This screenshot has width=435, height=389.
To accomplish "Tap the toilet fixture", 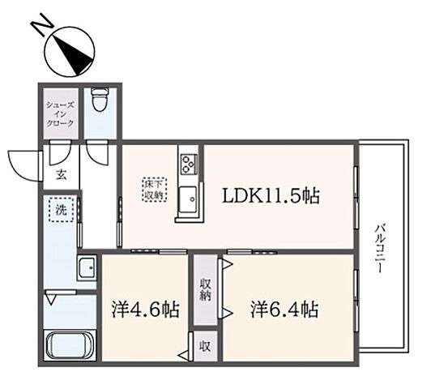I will coord(100,100).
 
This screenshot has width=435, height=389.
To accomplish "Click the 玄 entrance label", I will coord(62,174).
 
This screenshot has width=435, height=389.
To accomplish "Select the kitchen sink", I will coord(188,197).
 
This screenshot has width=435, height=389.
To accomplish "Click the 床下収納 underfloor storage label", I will coord(154,189).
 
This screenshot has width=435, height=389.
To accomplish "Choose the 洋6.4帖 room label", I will coord(284,310).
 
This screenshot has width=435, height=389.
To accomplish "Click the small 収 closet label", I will coord(207,344).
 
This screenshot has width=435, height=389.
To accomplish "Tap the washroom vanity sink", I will coord(86,268).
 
